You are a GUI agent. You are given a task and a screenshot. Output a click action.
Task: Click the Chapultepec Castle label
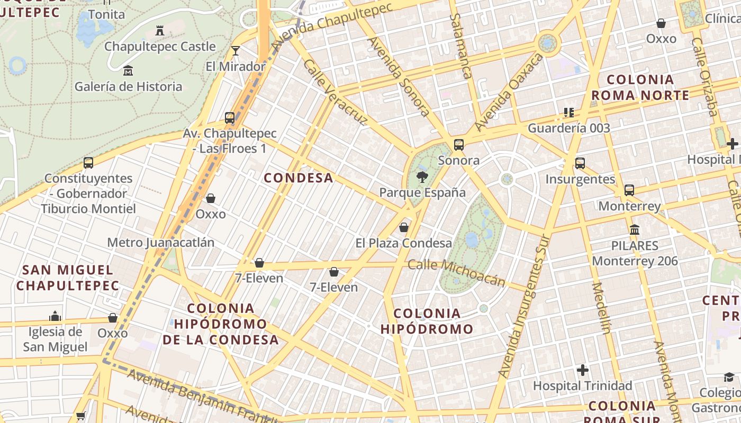pyautogui.click(x=160, y=47)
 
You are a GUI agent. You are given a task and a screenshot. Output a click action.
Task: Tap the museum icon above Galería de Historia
pyautogui.click(x=128, y=70)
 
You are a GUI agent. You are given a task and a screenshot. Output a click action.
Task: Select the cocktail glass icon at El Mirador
pyautogui.click(x=236, y=51)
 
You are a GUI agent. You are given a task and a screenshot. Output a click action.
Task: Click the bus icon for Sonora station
pyautogui.click(x=459, y=145)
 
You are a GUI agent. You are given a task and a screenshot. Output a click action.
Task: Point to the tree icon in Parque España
pyautogui.click(x=422, y=177)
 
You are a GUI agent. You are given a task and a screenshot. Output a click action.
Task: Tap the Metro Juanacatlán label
pyautogui.click(x=160, y=243)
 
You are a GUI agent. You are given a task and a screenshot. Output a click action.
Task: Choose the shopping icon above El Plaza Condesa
pyautogui.click(x=404, y=227)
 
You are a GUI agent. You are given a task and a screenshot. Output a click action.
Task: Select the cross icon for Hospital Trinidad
pyautogui.click(x=583, y=370)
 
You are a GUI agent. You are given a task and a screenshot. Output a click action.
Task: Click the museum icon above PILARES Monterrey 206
pyautogui.click(x=635, y=230)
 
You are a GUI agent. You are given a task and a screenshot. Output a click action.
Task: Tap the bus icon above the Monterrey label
pyautogui.click(x=629, y=190)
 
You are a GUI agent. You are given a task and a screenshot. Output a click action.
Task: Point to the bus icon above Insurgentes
pyautogui.click(x=580, y=163)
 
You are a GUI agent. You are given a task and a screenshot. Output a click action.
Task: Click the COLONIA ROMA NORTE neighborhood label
pyautogui.click(x=640, y=88)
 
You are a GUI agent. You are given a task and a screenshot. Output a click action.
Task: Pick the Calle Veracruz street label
pyautogui.click(x=335, y=93)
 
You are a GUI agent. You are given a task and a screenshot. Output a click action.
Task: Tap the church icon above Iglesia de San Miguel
pyautogui.click(x=55, y=317)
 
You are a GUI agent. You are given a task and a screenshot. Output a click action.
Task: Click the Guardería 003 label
pyautogui.click(x=569, y=128)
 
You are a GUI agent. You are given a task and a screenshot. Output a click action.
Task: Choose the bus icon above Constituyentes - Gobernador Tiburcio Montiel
pyautogui.click(x=88, y=163)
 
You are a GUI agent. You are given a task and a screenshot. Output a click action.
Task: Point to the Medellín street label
pyautogui.click(x=601, y=308)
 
